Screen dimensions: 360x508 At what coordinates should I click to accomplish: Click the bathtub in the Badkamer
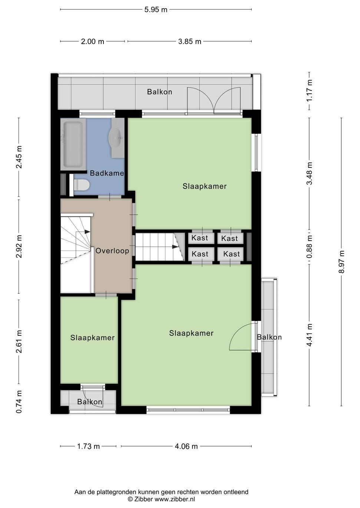point(73,144)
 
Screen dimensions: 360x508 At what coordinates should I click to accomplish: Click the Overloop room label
point(112,250)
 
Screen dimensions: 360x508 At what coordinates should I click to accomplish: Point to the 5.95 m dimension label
point(156,10)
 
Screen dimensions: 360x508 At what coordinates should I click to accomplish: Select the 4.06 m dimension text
point(186,446)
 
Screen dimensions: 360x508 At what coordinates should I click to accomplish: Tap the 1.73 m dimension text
point(88,446)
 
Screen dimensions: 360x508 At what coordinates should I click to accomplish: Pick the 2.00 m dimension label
point(92,42)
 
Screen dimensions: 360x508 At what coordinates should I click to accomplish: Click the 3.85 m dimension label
point(189,42)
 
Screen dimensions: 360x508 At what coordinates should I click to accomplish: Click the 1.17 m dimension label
point(310,91)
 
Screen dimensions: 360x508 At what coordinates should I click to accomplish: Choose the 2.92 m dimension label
point(19,246)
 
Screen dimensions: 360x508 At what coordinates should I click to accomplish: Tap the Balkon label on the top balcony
point(159,92)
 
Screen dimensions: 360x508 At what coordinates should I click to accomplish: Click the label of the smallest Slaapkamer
point(92,337)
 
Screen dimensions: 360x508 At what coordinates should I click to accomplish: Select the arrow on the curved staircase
point(87,232)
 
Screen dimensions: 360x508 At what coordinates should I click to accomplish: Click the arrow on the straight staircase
point(175,247)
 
